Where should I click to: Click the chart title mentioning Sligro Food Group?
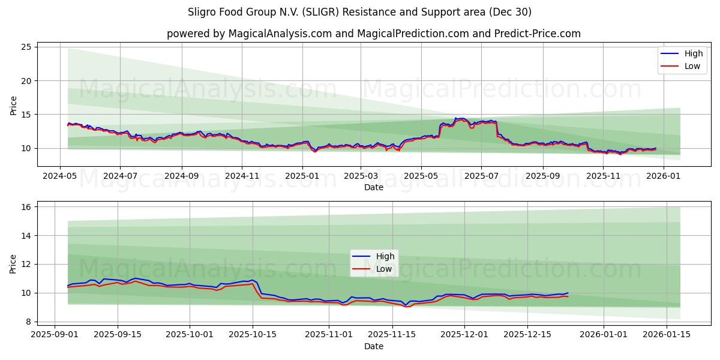[x=360, y=12]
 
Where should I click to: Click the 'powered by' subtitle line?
[x=373, y=34]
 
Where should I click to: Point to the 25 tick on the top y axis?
[x=27, y=47]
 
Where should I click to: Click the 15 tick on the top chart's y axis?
[x=27, y=114]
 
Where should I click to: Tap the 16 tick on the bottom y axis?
[x=27, y=207]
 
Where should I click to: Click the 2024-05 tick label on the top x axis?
[x=59, y=176]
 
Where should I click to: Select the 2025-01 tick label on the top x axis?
[x=302, y=176]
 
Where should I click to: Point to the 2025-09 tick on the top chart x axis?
[x=542, y=176]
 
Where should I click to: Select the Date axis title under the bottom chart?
[x=373, y=346]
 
